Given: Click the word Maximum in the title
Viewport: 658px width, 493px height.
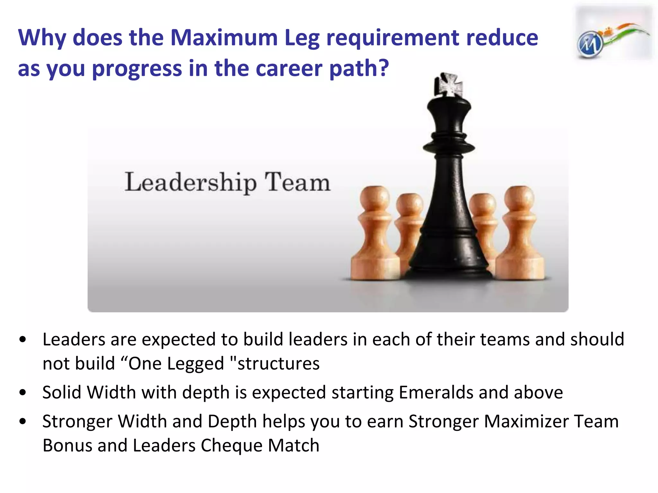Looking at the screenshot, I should [224, 38].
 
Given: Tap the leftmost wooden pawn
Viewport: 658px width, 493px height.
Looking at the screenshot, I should [375, 234].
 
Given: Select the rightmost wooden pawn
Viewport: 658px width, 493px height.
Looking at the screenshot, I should [520, 234].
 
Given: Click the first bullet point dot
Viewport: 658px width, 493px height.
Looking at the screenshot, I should [22, 340].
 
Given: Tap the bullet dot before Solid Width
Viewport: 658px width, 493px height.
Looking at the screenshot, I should [22, 392].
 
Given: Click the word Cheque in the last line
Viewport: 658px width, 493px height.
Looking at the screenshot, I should [232, 445].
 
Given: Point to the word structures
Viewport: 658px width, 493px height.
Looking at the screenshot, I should [278, 364].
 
